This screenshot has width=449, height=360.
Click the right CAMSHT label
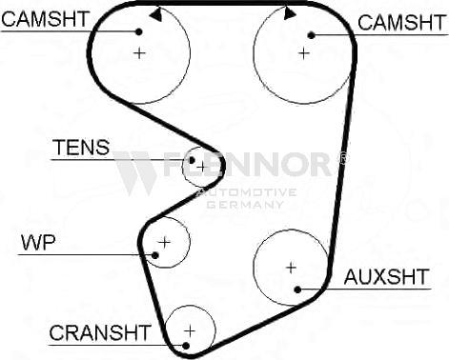(400, 22)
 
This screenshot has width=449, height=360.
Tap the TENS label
(81, 149)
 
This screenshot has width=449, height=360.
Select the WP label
(38, 242)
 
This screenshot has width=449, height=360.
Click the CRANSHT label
(100, 332)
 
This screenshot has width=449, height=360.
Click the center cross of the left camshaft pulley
(140, 52)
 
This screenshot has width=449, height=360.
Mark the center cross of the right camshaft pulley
(303, 53)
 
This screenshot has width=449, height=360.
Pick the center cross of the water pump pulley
(164, 242)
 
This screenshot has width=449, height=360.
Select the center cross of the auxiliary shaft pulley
(291, 268)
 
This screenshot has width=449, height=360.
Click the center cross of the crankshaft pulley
(190, 330)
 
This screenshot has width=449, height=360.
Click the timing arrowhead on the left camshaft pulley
(154, 14)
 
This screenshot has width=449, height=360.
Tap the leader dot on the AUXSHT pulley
(298, 289)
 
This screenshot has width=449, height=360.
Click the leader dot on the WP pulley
(153, 254)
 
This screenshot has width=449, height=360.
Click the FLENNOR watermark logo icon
(135, 171)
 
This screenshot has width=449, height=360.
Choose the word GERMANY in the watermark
(247, 204)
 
